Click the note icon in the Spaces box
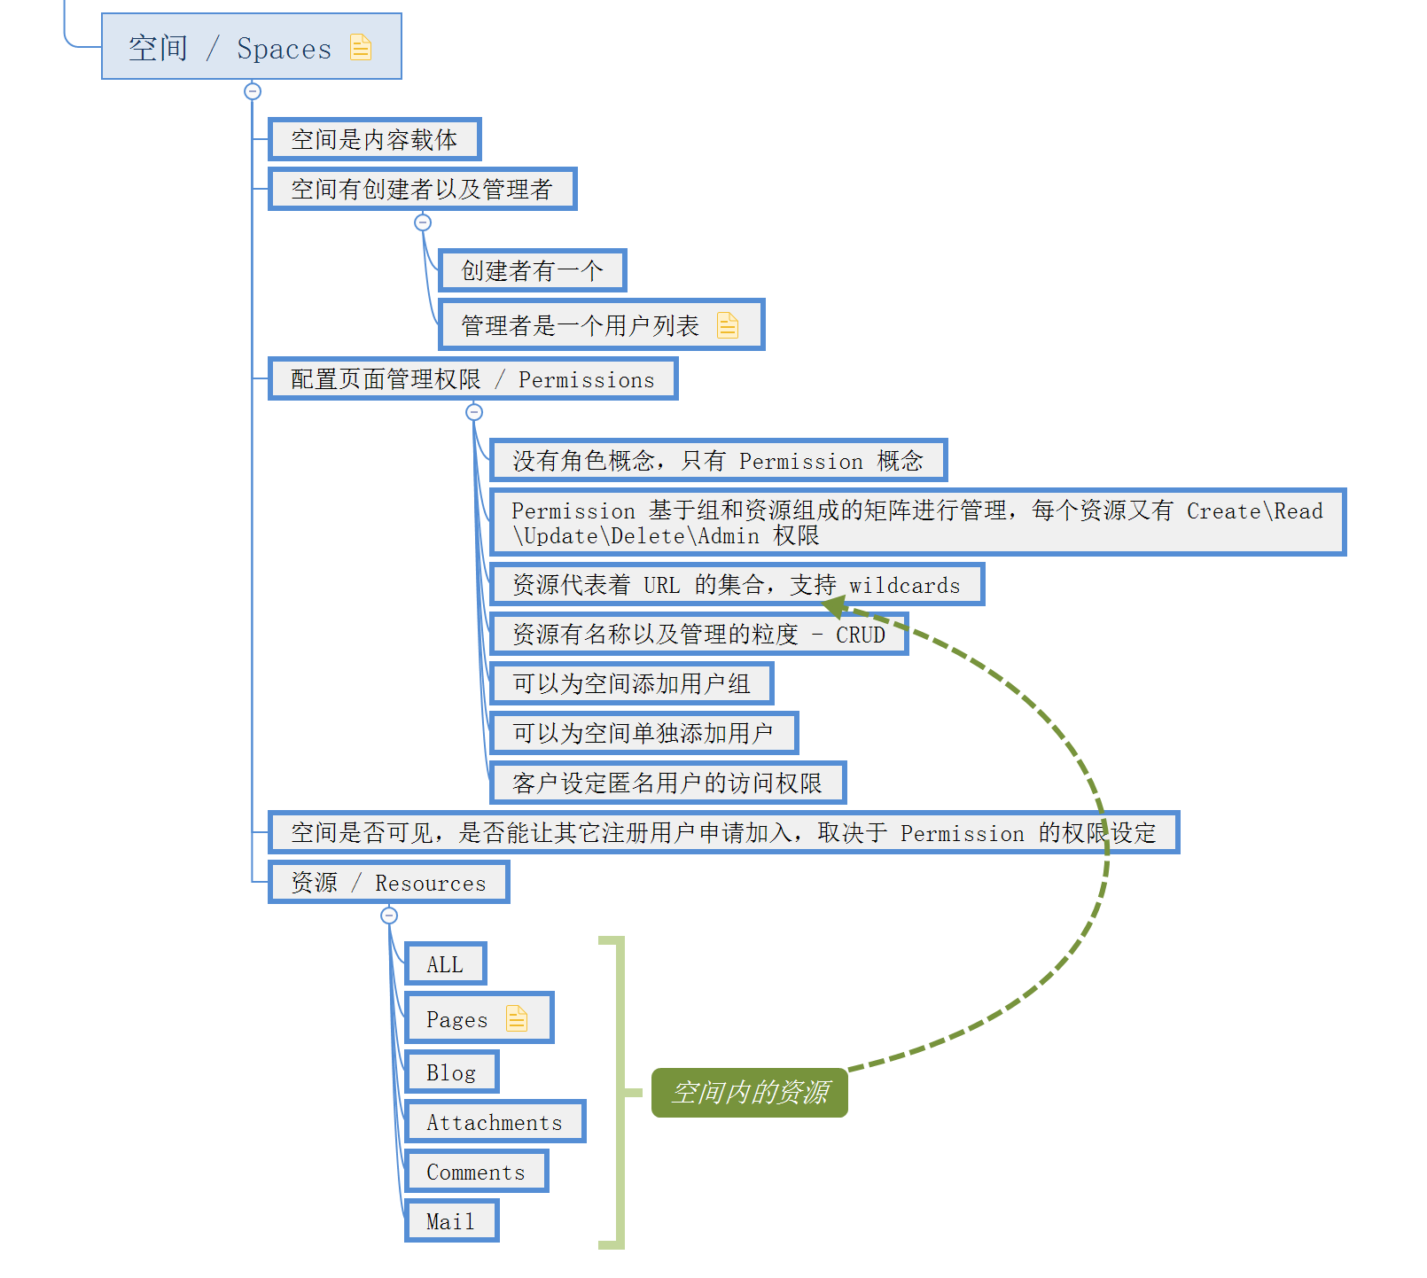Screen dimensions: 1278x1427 361,47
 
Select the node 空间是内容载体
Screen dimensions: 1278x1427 374,140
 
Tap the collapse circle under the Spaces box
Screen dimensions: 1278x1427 253,91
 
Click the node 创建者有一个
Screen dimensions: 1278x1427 532,271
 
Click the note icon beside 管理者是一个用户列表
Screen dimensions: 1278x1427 728,325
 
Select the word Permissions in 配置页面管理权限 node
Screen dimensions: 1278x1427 586,380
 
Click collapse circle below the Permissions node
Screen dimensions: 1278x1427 474,412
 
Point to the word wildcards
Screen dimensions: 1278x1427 904,586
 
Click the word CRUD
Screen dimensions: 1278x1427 860,635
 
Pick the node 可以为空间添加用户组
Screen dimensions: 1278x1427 631,684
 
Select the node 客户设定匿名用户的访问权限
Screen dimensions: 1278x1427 667,783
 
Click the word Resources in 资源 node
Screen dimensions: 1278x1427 430,884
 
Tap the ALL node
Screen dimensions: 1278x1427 445,964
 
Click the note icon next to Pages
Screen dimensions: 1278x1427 517,1018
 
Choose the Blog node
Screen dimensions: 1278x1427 451,1073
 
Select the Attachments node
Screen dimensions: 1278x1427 495,1123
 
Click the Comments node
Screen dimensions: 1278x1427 476,1173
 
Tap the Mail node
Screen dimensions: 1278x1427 450,1222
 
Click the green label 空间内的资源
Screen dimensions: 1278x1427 750,1093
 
